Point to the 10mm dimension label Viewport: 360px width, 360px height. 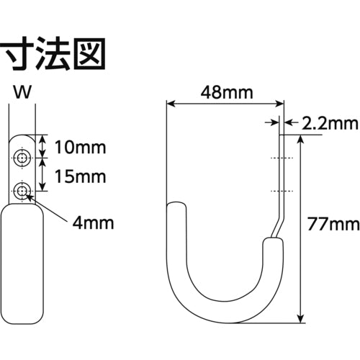(x=80, y=149)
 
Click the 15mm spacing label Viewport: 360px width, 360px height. (x=80, y=176)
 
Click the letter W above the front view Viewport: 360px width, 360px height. (x=22, y=92)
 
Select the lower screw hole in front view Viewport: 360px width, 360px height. (x=24, y=191)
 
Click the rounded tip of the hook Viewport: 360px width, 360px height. (x=177, y=209)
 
